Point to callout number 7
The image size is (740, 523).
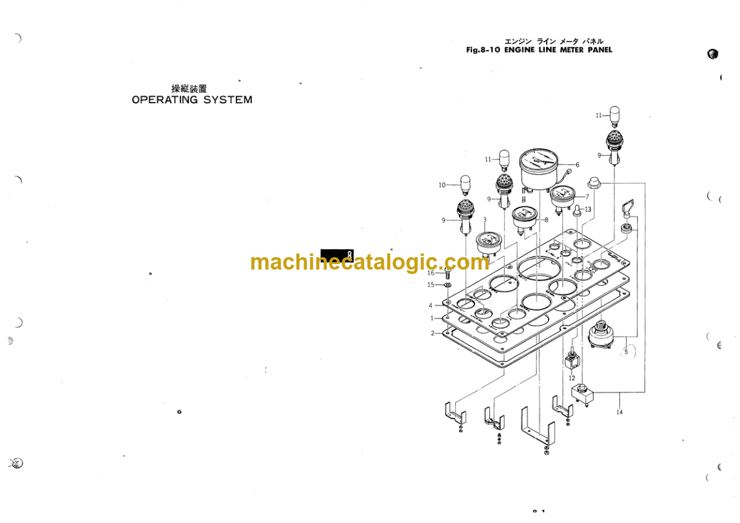pyautogui.click(x=586, y=196)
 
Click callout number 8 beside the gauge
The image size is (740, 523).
pyautogui.click(x=545, y=219)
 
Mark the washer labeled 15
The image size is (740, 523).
pyautogui.click(x=447, y=285)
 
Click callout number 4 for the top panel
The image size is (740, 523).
pyautogui.click(x=430, y=305)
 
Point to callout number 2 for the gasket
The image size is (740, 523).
pyautogui.click(x=432, y=333)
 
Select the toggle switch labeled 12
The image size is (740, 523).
pyautogui.click(x=570, y=360)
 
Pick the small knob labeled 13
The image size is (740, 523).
pyautogui.click(x=576, y=211)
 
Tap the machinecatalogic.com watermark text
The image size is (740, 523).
pyautogui.click(x=370, y=262)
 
